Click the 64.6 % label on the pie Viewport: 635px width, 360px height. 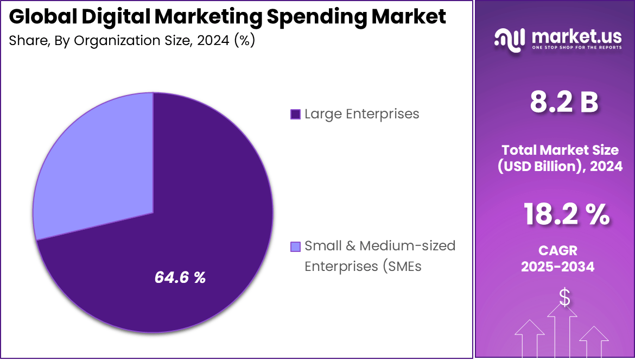pyautogui.click(x=180, y=277)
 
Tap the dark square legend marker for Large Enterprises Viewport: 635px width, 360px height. pyautogui.click(x=295, y=114)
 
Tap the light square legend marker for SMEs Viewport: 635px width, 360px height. pyautogui.click(x=295, y=247)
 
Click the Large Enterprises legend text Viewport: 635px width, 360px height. pyautogui.click(x=361, y=114)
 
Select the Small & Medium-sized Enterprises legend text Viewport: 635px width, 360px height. pyautogui.click(x=379, y=256)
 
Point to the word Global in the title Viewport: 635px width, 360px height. pyautogui.click(x=43, y=17)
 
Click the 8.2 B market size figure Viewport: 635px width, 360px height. pyautogui.click(x=564, y=103)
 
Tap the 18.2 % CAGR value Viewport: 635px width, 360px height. pyautogui.click(x=566, y=214)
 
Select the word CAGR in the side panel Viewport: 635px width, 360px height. pyautogui.click(x=557, y=250)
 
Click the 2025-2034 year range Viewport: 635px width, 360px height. pyautogui.click(x=557, y=267)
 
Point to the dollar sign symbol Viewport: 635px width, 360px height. pyautogui.click(x=565, y=297)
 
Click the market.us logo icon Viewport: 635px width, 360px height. pyautogui.click(x=510, y=39)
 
